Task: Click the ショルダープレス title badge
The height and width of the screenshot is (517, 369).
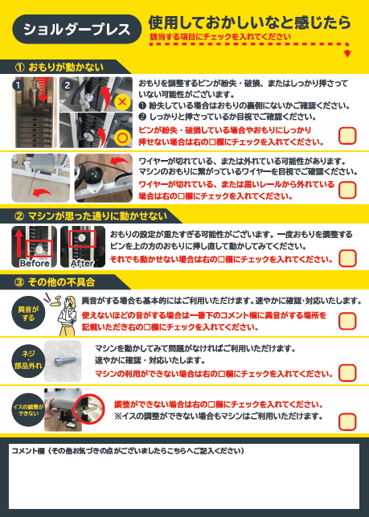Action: (77, 29)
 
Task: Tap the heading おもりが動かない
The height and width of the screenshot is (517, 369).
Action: (66, 68)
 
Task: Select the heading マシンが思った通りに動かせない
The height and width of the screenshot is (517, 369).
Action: (97, 216)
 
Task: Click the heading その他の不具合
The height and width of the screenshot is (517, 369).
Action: (61, 282)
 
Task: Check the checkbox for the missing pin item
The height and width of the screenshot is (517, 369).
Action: (347, 136)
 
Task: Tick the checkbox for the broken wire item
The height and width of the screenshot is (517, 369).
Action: (347, 190)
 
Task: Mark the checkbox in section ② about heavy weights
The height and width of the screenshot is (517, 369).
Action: (347, 258)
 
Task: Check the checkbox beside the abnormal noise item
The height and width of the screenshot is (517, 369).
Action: (347, 321)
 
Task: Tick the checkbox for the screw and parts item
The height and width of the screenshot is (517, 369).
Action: (347, 373)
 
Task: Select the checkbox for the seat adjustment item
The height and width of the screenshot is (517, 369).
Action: (347, 421)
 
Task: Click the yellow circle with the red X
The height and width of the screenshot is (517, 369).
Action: (122, 101)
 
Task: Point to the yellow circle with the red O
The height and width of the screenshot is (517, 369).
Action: (122, 138)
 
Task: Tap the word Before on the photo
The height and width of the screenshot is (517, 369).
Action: (35, 263)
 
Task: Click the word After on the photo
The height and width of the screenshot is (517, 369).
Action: (83, 263)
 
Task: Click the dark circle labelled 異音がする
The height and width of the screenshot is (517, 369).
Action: (28, 313)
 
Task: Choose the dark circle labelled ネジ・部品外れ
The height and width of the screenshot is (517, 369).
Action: (28, 361)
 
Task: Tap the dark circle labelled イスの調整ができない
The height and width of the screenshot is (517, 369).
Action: (28, 410)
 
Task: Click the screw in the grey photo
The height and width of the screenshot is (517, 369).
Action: (64, 361)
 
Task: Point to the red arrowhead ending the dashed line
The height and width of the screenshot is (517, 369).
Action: (347, 54)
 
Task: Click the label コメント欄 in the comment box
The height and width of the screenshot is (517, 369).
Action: (28, 451)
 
